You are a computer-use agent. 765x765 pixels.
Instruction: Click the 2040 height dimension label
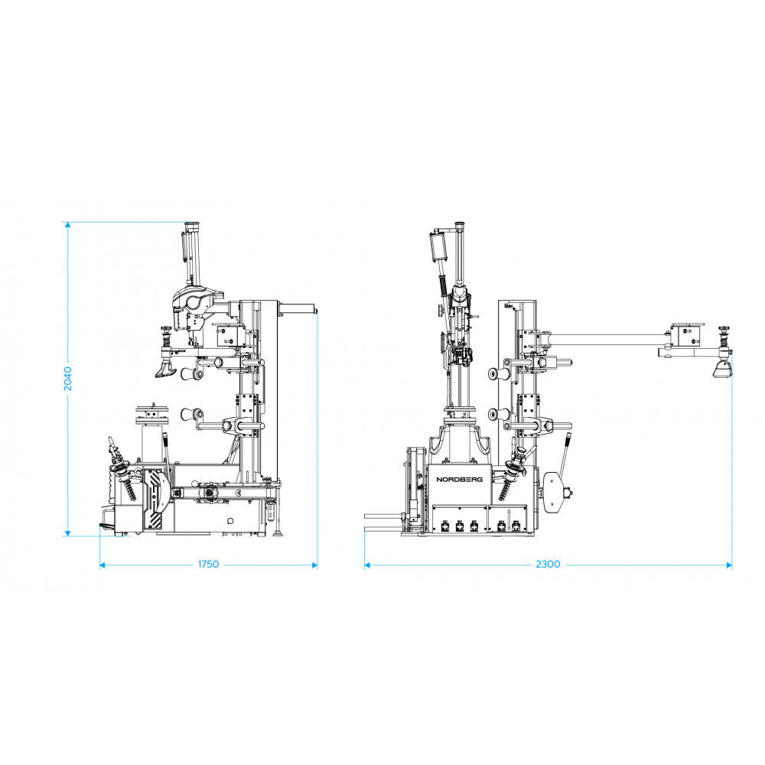[68, 379]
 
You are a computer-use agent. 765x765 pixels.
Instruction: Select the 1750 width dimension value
[208, 565]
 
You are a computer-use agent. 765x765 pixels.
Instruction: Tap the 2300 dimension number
[548, 565]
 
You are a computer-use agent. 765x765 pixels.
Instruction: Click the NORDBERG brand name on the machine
[459, 480]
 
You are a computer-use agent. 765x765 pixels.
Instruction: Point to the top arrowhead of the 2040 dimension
[68, 225]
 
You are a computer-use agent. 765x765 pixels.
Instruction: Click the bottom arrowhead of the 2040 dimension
[68, 533]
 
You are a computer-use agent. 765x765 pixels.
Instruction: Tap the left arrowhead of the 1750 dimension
[103, 565]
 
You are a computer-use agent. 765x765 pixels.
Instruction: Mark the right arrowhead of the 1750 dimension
[314, 565]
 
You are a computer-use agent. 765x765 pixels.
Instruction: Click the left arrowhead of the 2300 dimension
[367, 565]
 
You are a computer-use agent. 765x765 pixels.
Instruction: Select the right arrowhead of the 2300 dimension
[729, 565]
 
